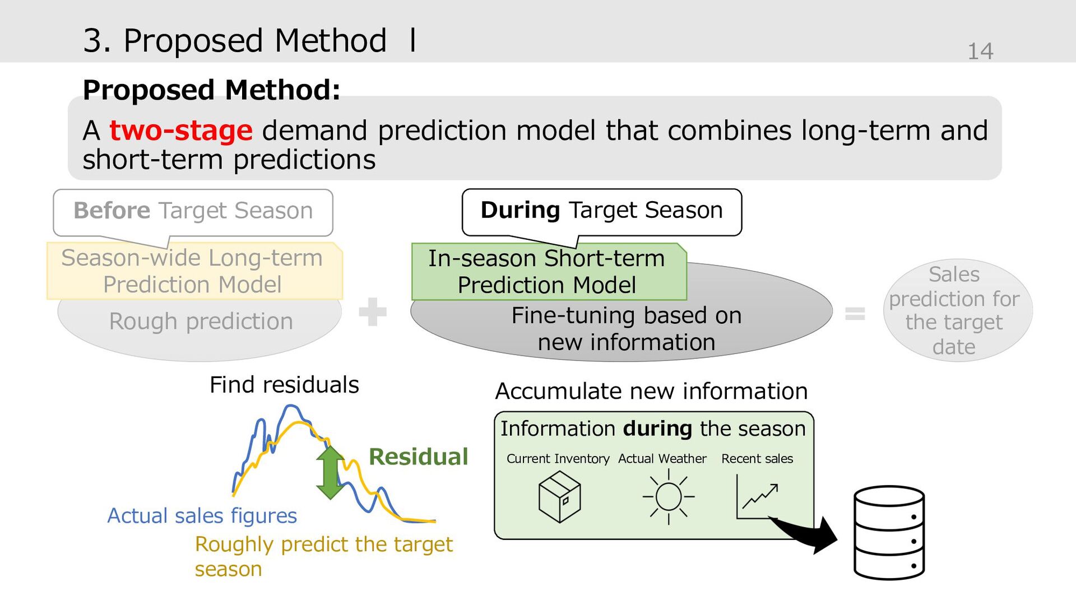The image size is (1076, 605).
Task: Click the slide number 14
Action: tap(980, 52)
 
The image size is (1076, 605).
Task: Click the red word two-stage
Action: tap(181, 131)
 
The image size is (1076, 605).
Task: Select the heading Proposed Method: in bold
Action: tap(211, 90)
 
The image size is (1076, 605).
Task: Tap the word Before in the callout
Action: tap(112, 211)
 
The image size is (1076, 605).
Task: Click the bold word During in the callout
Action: tap(520, 210)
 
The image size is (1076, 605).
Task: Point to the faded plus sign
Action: tap(373, 311)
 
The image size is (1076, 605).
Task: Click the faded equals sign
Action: tap(855, 313)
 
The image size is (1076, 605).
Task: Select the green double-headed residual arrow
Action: tap(330, 472)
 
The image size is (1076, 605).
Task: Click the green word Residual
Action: tap(418, 457)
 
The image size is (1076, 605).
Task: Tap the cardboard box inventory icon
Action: tap(559, 496)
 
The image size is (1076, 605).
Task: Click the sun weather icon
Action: tap(668, 496)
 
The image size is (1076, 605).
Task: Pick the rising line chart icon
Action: tap(757, 496)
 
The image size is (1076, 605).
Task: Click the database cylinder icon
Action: tap(889, 533)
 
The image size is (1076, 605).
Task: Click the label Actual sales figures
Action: tap(202, 516)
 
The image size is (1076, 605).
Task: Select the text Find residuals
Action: tap(284, 385)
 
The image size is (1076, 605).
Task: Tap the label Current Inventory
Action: tap(558, 459)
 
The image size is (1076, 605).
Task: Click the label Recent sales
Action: tap(757, 459)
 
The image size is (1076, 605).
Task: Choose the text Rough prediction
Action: tap(201, 322)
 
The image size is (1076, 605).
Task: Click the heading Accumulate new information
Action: tap(651, 391)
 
